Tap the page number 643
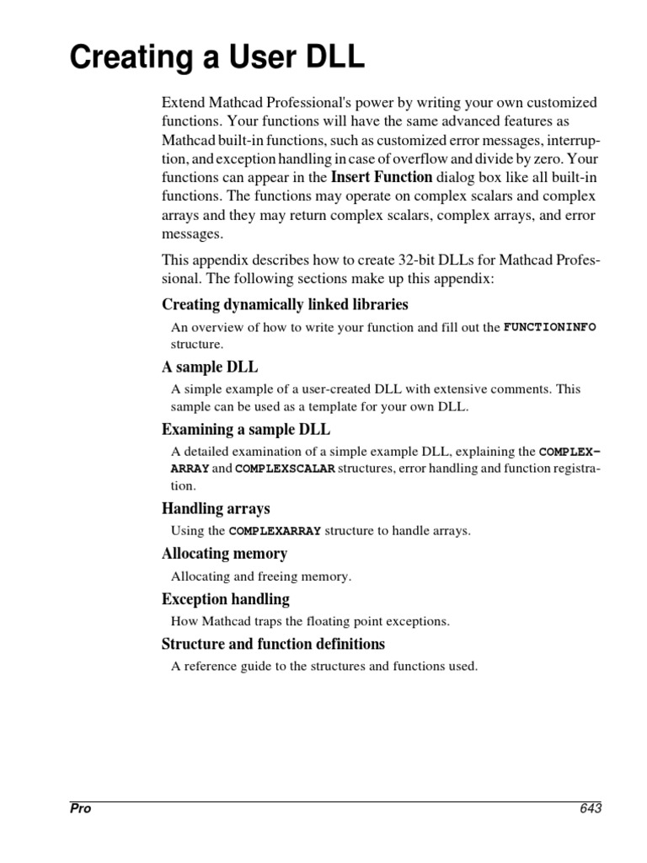pyautogui.click(x=590, y=808)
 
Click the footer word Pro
pyautogui.click(x=80, y=808)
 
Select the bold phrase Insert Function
pyautogui.click(x=382, y=177)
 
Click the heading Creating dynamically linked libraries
pyautogui.click(x=285, y=304)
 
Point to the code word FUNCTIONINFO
pyautogui.click(x=549, y=326)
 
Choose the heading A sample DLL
pyautogui.click(x=210, y=367)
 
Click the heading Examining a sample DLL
pyautogui.click(x=245, y=430)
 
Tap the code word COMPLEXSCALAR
pyautogui.click(x=285, y=468)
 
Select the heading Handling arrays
pyautogui.click(x=216, y=508)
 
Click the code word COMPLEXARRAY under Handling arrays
pyautogui.click(x=275, y=531)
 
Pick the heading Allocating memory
pyautogui.click(x=224, y=554)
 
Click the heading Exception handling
pyautogui.click(x=225, y=599)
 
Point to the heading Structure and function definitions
pyautogui.click(x=273, y=644)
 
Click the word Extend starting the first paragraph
pyautogui.click(x=183, y=103)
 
